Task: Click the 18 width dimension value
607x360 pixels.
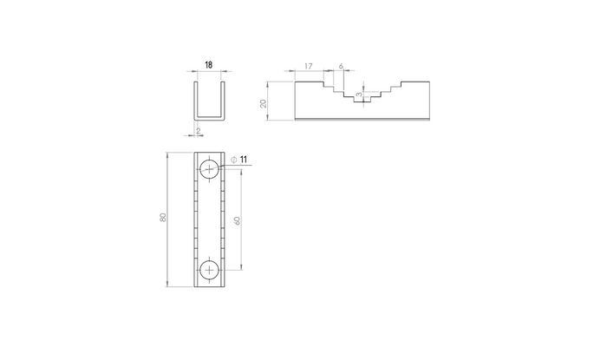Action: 208,65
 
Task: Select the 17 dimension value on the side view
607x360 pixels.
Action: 310,66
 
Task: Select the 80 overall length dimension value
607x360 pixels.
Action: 162,218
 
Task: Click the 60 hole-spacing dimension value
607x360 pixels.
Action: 238,219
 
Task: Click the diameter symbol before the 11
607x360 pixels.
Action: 233,159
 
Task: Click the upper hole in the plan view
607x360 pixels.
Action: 209,168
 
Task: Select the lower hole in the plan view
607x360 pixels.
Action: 209,270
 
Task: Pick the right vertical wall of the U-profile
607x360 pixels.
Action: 226,101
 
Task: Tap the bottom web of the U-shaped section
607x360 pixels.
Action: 208,118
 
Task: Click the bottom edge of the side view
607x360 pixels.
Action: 362,121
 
